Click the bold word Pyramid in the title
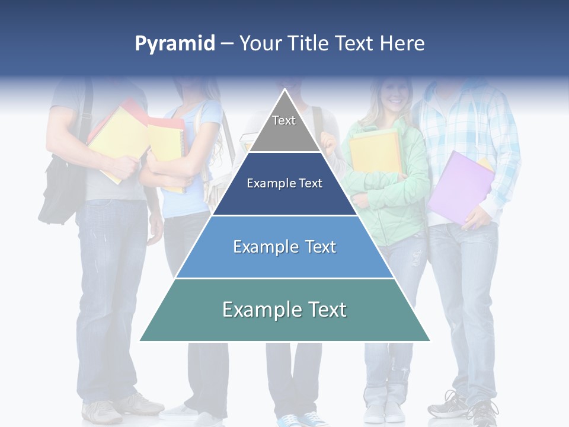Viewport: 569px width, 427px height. [x=174, y=44]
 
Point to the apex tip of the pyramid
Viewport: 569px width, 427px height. [x=284, y=91]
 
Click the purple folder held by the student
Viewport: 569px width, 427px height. [x=459, y=187]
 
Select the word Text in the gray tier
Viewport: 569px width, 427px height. [x=284, y=120]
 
